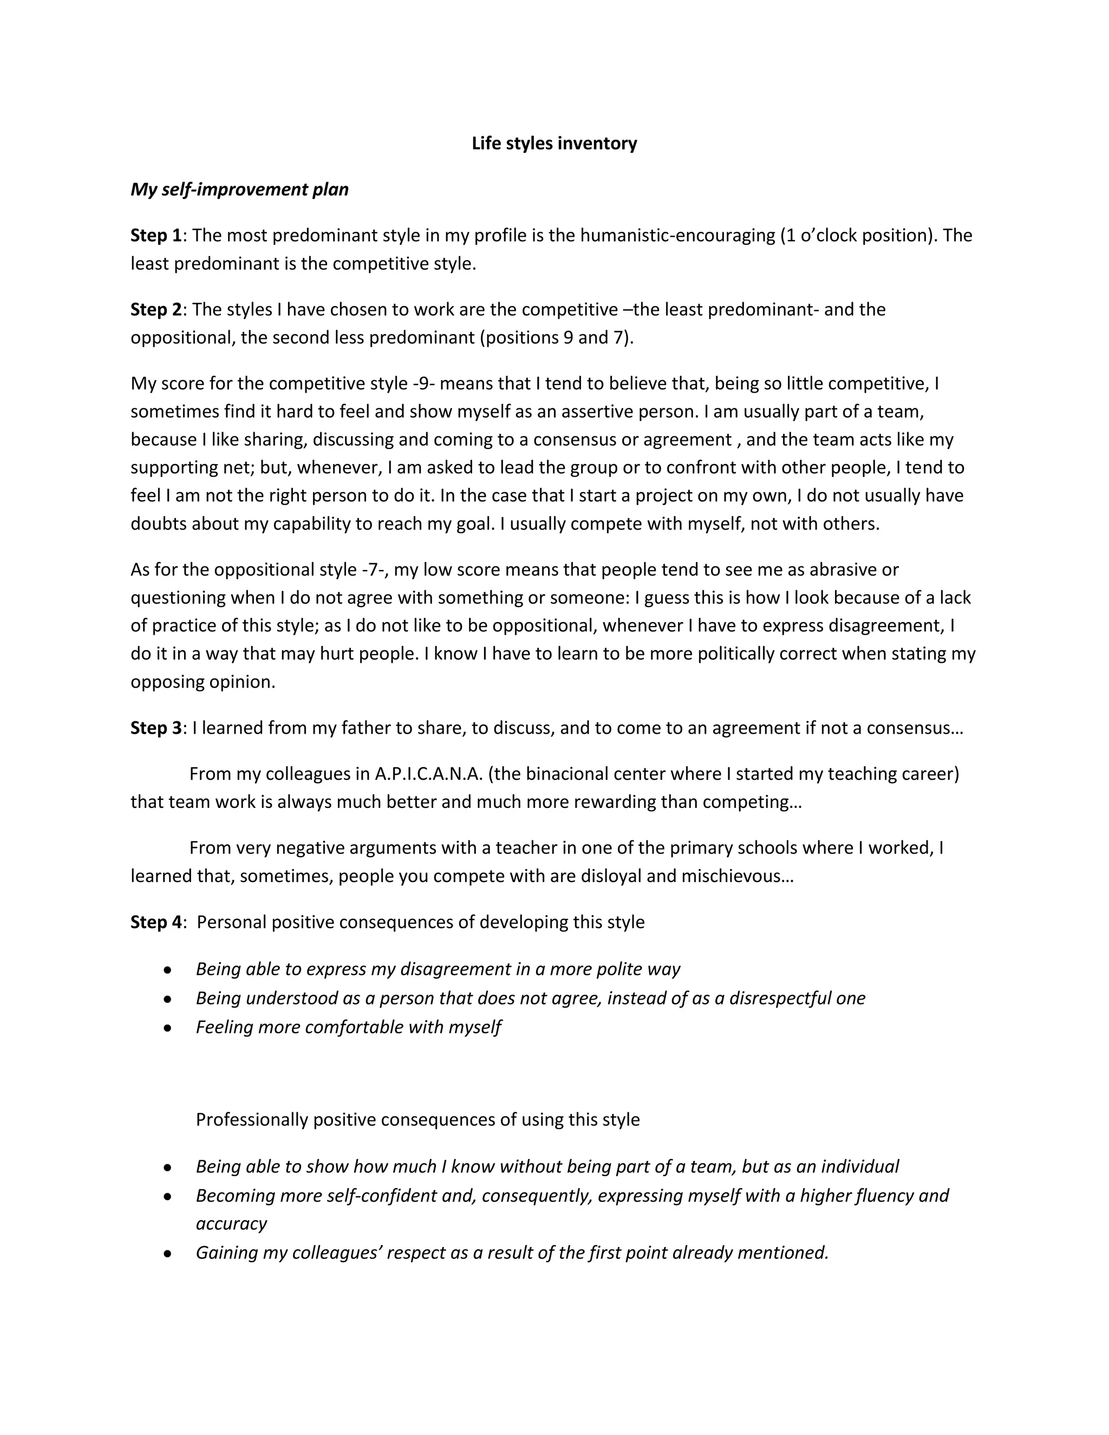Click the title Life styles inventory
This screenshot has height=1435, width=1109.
click(554, 143)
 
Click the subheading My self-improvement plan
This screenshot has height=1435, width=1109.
click(239, 189)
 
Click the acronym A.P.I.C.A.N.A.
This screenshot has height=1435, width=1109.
click(428, 774)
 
